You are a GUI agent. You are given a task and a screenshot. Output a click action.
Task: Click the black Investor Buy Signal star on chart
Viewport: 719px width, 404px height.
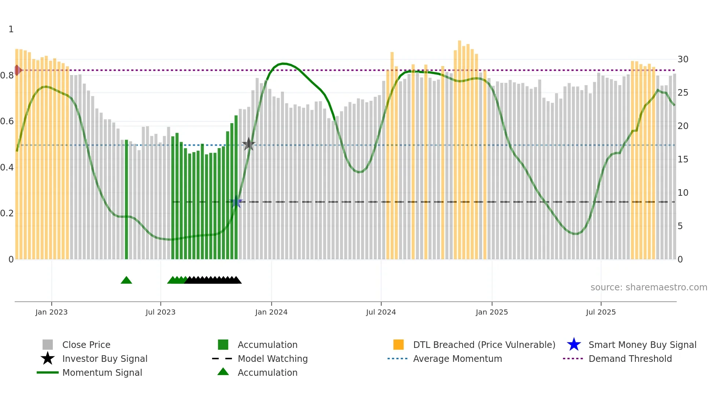tap(249, 144)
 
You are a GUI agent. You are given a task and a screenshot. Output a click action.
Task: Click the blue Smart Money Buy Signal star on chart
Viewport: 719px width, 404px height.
tap(237, 202)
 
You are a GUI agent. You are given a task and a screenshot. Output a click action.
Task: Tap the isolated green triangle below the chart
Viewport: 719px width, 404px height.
tap(126, 280)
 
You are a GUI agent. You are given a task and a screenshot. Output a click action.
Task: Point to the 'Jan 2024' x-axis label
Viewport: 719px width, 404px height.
tap(271, 312)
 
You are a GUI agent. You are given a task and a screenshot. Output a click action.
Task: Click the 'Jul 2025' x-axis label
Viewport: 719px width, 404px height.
tap(601, 312)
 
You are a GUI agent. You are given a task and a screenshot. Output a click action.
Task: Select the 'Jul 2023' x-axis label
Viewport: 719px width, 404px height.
tap(160, 312)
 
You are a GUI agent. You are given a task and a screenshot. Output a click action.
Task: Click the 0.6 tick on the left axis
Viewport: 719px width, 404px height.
tap(7, 121)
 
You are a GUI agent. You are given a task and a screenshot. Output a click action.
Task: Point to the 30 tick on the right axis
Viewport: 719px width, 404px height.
tap(683, 59)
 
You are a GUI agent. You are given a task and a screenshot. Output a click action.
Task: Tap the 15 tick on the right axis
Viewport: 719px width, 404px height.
tap(683, 159)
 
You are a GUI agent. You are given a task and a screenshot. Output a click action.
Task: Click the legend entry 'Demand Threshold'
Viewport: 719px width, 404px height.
tap(630, 359)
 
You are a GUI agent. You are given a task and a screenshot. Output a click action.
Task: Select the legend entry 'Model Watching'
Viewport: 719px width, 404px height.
tap(273, 359)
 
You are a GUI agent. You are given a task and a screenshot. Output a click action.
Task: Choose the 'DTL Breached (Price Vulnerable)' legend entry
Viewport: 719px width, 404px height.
tap(484, 345)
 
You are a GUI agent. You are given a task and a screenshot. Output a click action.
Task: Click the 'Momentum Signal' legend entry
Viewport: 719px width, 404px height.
tap(102, 372)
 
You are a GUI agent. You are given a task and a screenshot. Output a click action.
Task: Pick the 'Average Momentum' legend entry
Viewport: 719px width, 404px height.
tap(457, 359)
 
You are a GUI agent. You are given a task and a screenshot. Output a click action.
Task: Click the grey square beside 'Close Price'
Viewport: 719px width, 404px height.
tap(48, 345)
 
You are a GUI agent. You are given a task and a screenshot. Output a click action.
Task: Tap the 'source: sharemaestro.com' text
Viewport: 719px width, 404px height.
tap(649, 287)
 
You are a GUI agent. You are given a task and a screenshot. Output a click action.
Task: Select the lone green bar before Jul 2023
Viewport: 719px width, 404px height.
tap(127, 200)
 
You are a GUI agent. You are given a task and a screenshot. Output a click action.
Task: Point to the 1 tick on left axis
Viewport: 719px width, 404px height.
tap(11, 29)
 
